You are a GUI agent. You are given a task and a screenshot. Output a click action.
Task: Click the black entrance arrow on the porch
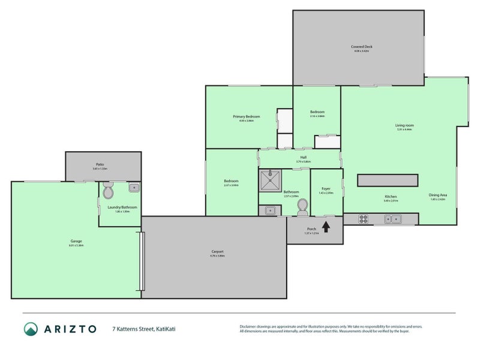point(326,227)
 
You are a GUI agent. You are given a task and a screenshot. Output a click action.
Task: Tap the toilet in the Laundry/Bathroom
point(108,192)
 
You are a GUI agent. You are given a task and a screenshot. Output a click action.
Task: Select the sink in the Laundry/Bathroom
point(134,188)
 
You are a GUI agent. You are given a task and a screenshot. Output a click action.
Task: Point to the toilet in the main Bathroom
point(302,207)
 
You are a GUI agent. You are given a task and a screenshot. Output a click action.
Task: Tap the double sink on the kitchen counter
point(394,219)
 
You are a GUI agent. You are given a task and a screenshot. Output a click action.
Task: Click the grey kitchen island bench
point(387,181)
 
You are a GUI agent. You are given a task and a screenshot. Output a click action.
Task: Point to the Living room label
point(405,125)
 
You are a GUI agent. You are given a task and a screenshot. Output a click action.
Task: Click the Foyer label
point(326,189)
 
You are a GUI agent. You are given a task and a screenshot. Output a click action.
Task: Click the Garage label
point(76,241)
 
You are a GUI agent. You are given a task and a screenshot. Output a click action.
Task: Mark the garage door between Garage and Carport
point(142,261)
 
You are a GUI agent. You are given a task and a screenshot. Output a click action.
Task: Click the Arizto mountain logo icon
point(31,329)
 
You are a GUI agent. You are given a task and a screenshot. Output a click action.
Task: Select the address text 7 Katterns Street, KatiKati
point(144,329)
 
